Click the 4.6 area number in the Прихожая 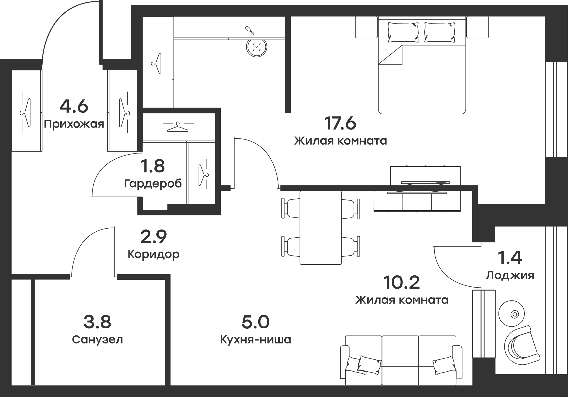[x=74, y=106]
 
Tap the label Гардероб [x=153, y=184]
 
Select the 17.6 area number [x=340, y=124]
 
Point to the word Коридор [x=153, y=254]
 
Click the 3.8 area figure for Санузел [x=97, y=322]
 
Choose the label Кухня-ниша [x=255, y=340]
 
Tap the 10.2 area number [x=402, y=283]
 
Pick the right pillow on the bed [x=438, y=32]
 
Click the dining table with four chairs [x=321, y=228]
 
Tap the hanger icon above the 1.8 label [x=177, y=127]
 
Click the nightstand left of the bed [x=366, y=27]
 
